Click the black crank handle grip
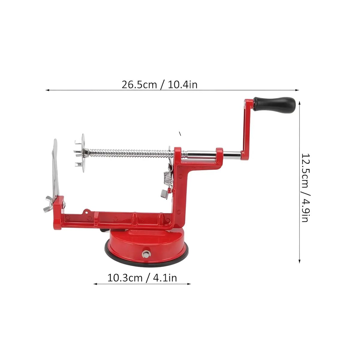274,105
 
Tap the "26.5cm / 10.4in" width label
159,85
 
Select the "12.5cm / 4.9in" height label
306,187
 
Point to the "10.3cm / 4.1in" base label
142,278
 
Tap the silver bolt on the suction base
146,254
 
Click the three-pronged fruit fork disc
80,153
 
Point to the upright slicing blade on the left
55,168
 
